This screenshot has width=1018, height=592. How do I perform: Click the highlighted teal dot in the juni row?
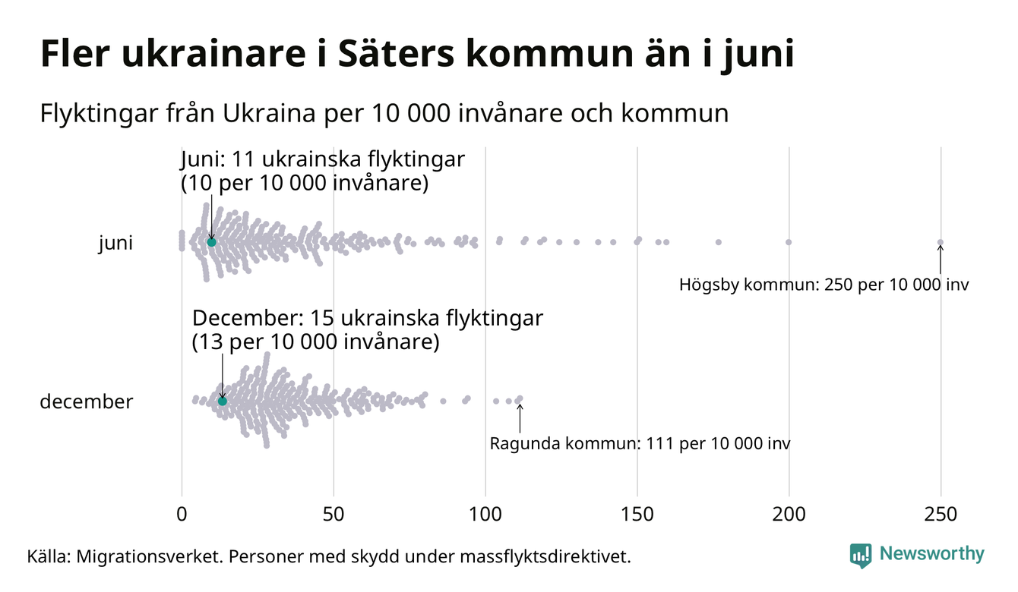pos(212,242)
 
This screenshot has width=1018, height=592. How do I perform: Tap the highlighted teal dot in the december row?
pos(223,401)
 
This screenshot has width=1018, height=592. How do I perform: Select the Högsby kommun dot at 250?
pos(941,243)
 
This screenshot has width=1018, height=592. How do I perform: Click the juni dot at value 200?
pos(789,242)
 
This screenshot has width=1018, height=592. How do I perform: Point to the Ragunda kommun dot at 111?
pos(520,398)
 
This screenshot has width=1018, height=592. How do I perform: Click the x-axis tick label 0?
pos(182,514)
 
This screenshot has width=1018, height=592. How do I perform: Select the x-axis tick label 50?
pos(334,514)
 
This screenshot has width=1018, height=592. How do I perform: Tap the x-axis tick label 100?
pos(485,514)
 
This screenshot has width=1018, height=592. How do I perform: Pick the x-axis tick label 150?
pos(637,514)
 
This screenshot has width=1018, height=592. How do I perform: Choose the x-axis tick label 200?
pos(789,514)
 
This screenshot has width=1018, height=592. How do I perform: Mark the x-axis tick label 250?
pos(941,514)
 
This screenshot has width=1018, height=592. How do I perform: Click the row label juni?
pos(115,244)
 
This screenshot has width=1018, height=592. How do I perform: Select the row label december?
pos(86,401)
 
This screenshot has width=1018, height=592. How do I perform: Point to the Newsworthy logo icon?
pos(860,556)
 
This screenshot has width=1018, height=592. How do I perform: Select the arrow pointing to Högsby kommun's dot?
pos(941,260)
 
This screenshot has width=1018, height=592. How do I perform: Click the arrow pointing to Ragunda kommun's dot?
pos(520,417)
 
